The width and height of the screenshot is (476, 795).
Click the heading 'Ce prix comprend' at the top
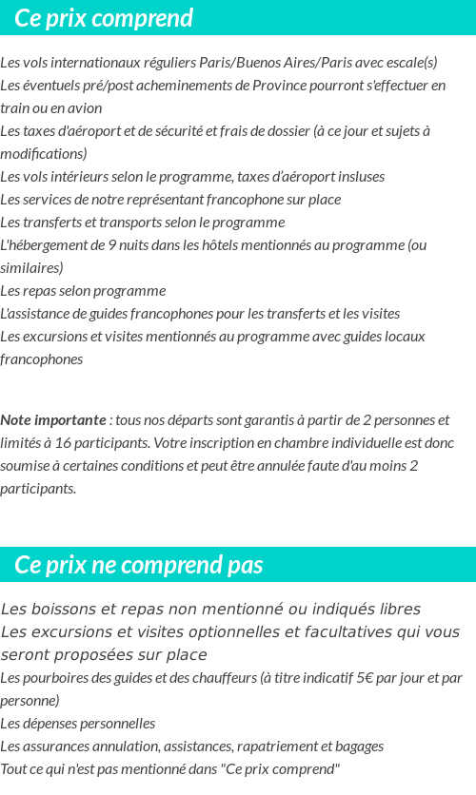click(104, 18)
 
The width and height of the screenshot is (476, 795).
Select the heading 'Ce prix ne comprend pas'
click(139, 565)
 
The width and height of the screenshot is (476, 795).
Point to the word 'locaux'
click(405, 337)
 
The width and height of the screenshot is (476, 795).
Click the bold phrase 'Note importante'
click(53, 420)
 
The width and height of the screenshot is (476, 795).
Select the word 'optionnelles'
click(242, 632)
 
